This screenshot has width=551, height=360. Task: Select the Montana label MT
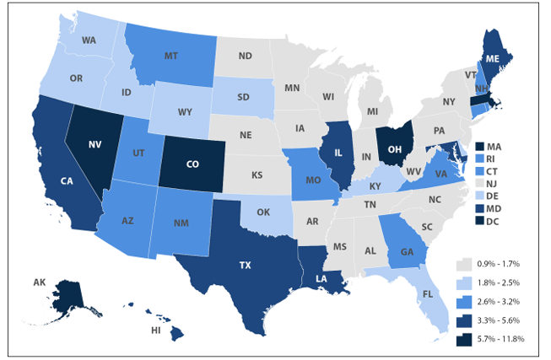coord(170,55)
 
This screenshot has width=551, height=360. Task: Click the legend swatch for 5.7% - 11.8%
coord(462,339)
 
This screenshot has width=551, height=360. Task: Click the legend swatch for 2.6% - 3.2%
coord(462,302)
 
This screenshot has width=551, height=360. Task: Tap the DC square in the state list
coord(478,221)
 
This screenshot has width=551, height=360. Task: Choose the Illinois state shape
coord(338,153)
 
